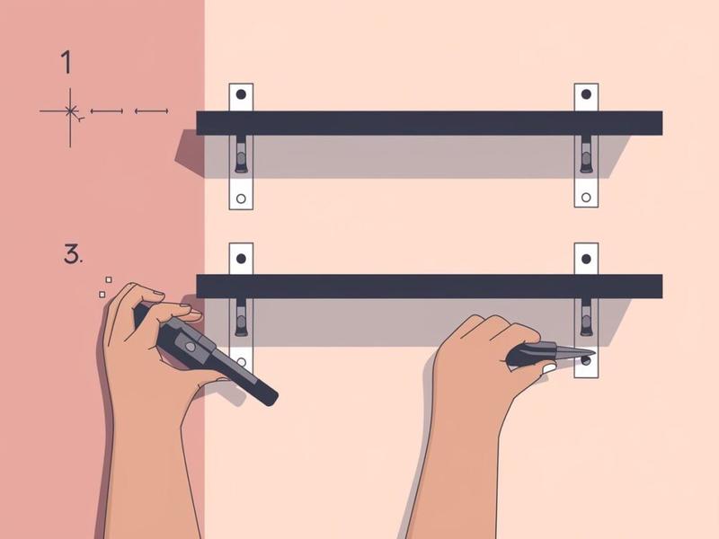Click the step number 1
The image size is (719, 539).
[67, 62]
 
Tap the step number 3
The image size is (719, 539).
[73, 254]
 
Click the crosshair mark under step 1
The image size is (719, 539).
[70, 110]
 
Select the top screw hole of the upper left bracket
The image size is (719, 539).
[241, 95]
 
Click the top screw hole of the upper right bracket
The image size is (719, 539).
[586, 94]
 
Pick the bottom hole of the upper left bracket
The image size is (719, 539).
[241, 199]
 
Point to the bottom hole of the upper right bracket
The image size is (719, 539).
[586, 198]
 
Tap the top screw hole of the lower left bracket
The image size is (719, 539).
[241, 259]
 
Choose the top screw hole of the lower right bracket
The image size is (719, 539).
[586, 259]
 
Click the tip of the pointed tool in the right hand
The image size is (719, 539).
[595, 353]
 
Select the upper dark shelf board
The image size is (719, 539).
[430, 123]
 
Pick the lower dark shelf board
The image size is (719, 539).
[430, 287]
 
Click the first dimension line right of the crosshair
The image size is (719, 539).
[107, 110]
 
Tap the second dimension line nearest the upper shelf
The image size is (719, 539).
[151, 110]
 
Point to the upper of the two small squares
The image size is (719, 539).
[109, 279]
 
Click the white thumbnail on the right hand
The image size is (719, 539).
[549, 368]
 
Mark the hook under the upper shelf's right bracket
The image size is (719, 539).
[586, 154]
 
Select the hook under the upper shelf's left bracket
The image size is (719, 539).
[241, 154]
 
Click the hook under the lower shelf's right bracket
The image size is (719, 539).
[586, 317]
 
